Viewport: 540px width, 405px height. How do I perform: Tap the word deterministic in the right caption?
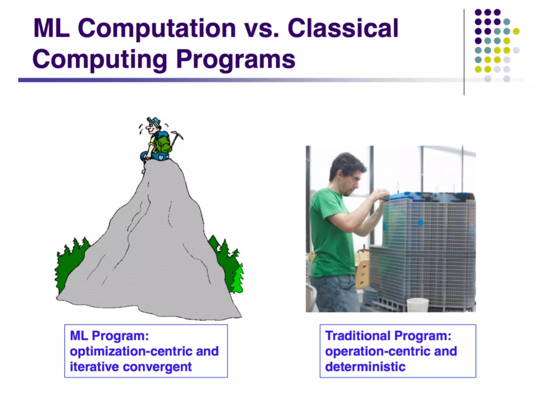point(365,367)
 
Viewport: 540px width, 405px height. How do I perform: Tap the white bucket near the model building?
point(418,305)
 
